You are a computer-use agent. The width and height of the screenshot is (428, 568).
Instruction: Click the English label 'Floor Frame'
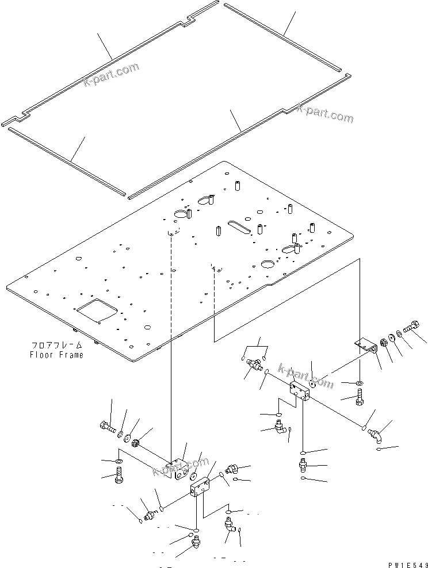tap(56, 355)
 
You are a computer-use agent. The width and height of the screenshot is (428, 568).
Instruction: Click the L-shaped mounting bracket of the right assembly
tap(364, 346)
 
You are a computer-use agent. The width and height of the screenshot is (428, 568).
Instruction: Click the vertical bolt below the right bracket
tap(360, 397)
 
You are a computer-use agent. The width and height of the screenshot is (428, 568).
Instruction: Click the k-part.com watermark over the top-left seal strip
tap(110, 75)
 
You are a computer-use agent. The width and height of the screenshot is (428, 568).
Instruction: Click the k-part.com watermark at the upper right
tap(325, 113)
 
